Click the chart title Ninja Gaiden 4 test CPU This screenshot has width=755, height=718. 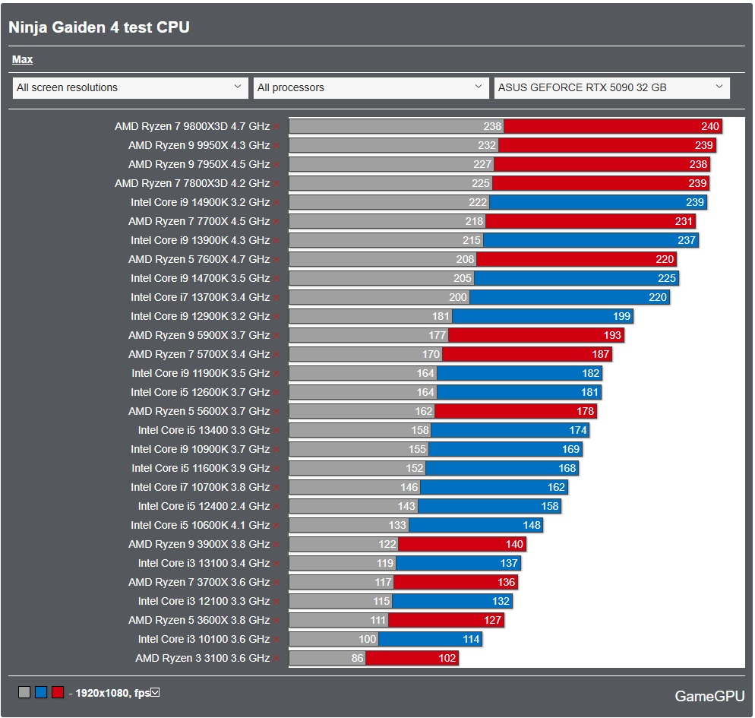99,27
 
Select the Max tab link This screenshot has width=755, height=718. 22,59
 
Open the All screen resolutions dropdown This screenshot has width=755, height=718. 130,87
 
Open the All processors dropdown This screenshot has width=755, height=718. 371,87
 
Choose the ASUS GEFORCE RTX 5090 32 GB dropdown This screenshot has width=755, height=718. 611,87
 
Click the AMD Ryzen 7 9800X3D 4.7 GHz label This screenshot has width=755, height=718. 192,126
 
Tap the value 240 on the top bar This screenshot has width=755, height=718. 709,126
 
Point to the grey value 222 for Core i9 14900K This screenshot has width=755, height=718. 478,202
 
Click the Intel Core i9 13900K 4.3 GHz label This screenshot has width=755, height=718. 200,240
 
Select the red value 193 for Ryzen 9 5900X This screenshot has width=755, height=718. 612,335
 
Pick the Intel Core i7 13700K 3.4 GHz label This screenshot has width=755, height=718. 200,297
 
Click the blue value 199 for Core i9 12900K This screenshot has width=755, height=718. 622,316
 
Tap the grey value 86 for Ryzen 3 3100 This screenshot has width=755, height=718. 357,658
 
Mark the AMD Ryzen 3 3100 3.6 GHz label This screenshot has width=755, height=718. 202,658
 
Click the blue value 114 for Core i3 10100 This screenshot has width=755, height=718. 471,639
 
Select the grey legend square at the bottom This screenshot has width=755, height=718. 24,692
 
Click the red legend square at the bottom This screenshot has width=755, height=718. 58,692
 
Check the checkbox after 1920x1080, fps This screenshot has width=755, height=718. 155,692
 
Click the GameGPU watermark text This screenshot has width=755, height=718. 709,696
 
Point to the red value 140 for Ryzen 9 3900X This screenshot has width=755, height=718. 514,544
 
